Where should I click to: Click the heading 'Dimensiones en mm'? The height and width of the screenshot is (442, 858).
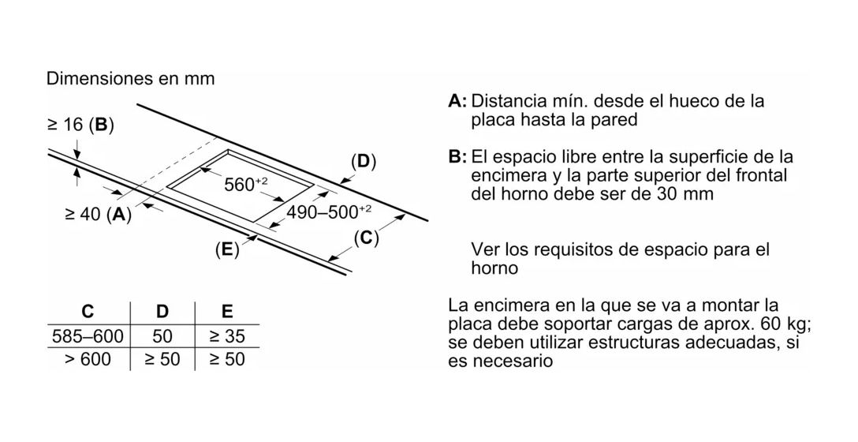(x=130, y=78)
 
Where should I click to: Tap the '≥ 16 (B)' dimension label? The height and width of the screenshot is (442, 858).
(x=80, y=125)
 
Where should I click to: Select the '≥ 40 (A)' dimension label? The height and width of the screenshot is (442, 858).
(x=99, y=214)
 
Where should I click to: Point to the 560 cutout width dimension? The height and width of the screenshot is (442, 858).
(x=246, y=184)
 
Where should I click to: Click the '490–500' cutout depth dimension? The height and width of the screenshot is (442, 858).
(x=330, y=212)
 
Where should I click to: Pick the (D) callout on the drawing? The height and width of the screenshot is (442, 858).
(x=364, y=162)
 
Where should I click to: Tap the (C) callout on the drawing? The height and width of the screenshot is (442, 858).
(x=366, y=238)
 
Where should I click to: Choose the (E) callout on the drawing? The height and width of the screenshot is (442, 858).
(x=227, y=249)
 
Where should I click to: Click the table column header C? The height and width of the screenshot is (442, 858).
(x=88, y=312)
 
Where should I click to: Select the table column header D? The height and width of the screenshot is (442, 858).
(x=162, y=312)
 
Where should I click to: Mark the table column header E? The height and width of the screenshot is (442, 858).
(x=227, y=312)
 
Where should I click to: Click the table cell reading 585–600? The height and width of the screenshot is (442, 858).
(x=88, y=335)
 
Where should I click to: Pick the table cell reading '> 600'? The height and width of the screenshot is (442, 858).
(x=88, y=359)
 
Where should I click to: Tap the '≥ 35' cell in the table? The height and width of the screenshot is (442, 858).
(x=227, y=335)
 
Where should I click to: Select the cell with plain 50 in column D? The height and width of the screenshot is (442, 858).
(x=162, y=335)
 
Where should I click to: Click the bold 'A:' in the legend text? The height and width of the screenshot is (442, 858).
(x=457, y=101)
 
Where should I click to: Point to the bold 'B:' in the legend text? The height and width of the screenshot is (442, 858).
(x=457, y=157)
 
